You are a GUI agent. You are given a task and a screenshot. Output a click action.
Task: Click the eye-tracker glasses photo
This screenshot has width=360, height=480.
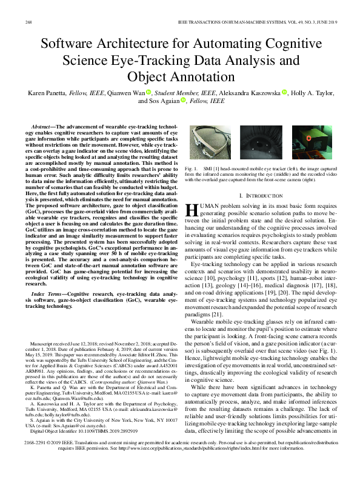pyautogui.click(x=211, y=141)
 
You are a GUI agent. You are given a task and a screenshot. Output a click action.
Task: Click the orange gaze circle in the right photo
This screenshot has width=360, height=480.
pyautogui.click(x=308, y=138)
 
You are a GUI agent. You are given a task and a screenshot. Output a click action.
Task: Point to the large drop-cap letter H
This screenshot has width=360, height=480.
pyautogui.click(x=192, y=210)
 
